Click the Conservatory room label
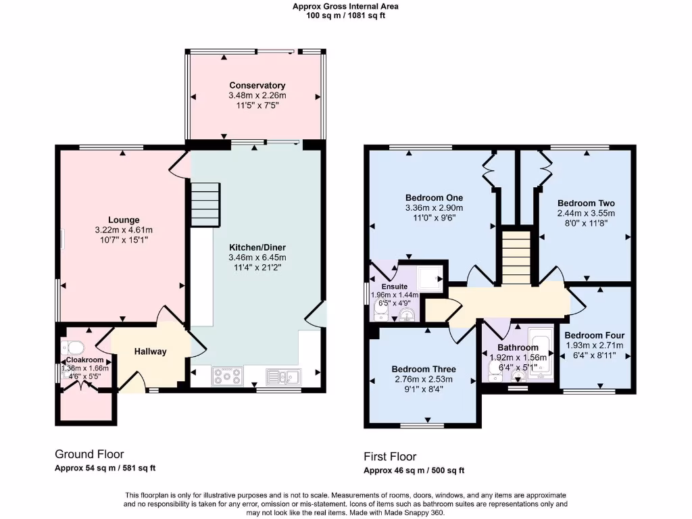pyautogui.click(x=257, y=85)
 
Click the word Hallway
pyautogui.click(x=150, y=351)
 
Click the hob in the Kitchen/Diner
pyautogui.click(x=223, y=376)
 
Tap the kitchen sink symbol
pyautogui.click(x=284, y=376)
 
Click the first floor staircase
pyautogui.click(x=516, y=257)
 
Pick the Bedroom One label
pyautogui.click(x=435, y=197)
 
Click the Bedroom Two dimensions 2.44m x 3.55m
pyautogui.click(x=586, y=213)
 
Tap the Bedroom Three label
pyautogui.click(x=424, y=369)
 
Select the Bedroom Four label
pyautogui.click(x=595, y=335)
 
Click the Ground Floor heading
pyautogui.click(x=89, y=454)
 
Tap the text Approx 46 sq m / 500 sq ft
pyautogui.click(x=414, y=470)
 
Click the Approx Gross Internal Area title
pyautogui.click(x=345, y=6)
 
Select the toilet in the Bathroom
pyautogui.click(x=493, y=368)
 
